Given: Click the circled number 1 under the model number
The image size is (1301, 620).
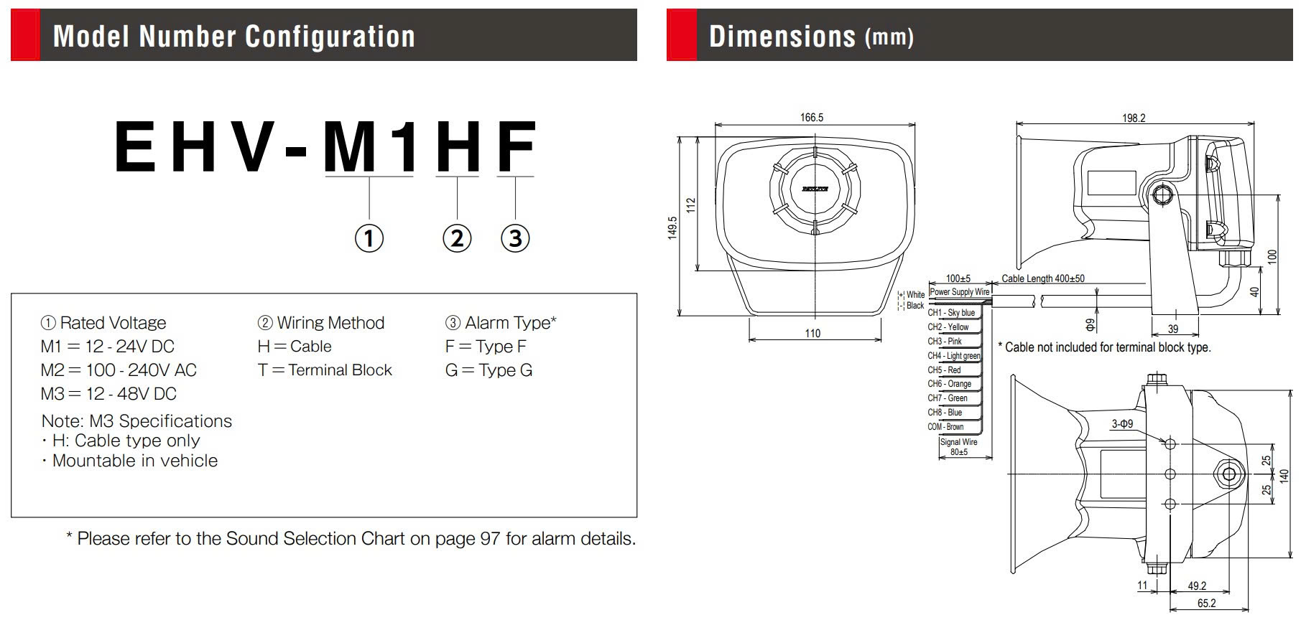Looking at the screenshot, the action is (369, 238).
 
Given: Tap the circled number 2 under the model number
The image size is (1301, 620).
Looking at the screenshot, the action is (458, 238).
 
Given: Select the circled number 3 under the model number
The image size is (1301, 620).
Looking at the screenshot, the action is (515, 238).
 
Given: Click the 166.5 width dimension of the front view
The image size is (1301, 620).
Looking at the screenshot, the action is (812, 118).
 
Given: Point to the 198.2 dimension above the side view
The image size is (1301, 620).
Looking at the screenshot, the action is (1134, 118).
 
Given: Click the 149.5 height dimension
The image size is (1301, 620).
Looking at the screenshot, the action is (672, 227).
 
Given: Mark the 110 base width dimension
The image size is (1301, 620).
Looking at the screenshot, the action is (812, 333).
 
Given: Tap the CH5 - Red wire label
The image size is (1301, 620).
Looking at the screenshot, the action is (944, 370).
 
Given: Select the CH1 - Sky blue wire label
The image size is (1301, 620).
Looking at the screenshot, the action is (951, 313).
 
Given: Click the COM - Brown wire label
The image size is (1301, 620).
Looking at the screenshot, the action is (945, 427).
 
